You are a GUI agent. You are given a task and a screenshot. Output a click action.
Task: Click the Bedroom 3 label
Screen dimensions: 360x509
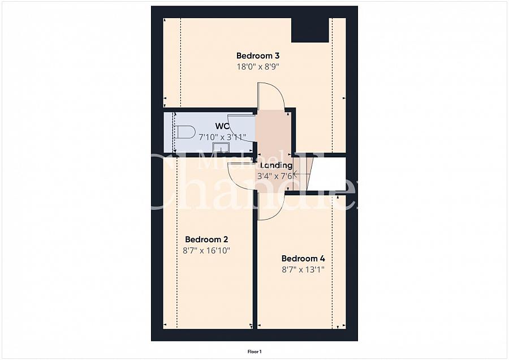pos(258,55)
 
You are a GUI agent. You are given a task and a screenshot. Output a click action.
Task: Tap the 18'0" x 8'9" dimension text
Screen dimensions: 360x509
pos(258,66)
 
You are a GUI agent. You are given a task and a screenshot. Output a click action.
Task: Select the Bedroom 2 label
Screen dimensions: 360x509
pos(206,239)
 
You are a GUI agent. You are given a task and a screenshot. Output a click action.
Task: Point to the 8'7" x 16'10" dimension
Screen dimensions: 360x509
pos(207,250)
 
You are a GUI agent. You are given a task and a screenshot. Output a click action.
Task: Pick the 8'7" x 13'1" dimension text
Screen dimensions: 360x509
pos(303,271)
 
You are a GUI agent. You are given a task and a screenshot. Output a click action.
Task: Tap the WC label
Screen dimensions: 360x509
pos(222,125)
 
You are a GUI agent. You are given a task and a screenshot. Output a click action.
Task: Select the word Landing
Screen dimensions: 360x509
pos(276,165)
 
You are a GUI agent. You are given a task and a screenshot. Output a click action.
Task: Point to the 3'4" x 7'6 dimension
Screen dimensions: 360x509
pos(275,176)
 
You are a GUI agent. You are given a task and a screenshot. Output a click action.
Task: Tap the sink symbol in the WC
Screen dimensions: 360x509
pos(220,148)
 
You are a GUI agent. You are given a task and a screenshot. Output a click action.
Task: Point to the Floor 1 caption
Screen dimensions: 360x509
pos(255,352)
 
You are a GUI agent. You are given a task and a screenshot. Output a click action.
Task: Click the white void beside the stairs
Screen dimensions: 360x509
pos(329,175)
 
